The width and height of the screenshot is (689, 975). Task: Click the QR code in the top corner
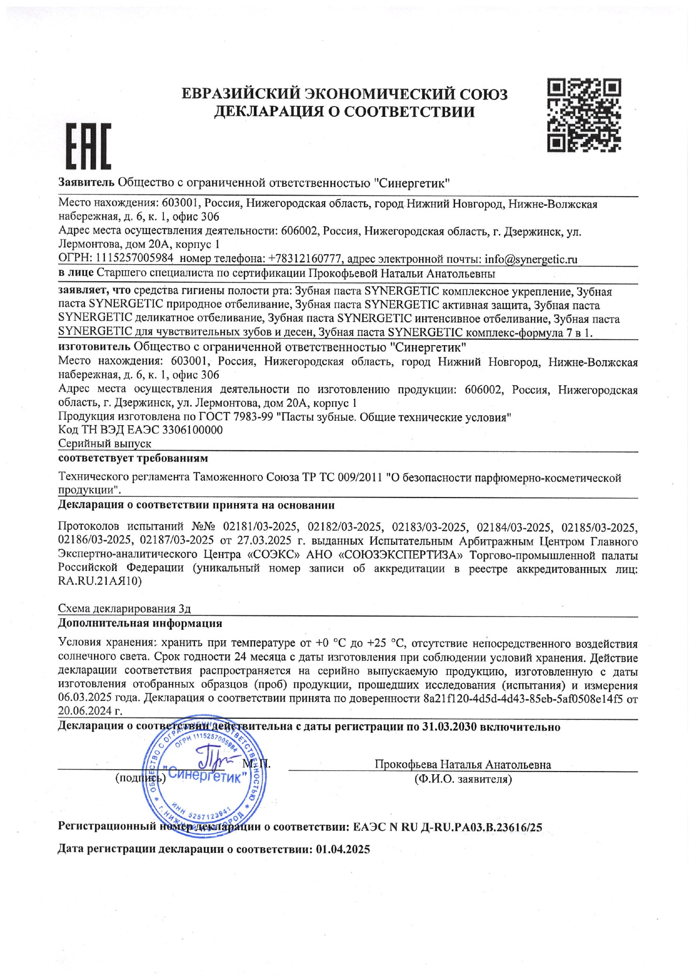click(584, 115)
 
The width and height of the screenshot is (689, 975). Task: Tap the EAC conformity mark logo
click(89, 146)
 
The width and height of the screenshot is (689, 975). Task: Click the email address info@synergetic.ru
click(531, 259)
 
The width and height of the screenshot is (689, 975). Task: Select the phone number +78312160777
click(306, 259)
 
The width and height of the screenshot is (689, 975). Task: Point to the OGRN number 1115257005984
click(134, 258)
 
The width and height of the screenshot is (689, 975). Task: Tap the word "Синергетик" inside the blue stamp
click(205, 775)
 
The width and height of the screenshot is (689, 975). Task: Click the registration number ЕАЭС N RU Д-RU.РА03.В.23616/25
click(447, 827)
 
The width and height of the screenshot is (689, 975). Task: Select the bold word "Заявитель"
click(87, 182)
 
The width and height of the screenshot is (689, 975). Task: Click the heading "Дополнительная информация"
click(140, 623)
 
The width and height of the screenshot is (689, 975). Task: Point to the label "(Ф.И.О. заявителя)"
click(463, 779)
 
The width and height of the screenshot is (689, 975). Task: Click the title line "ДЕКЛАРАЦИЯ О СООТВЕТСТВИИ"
click(344, 112)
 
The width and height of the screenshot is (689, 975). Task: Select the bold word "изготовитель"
click(94, 347)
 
